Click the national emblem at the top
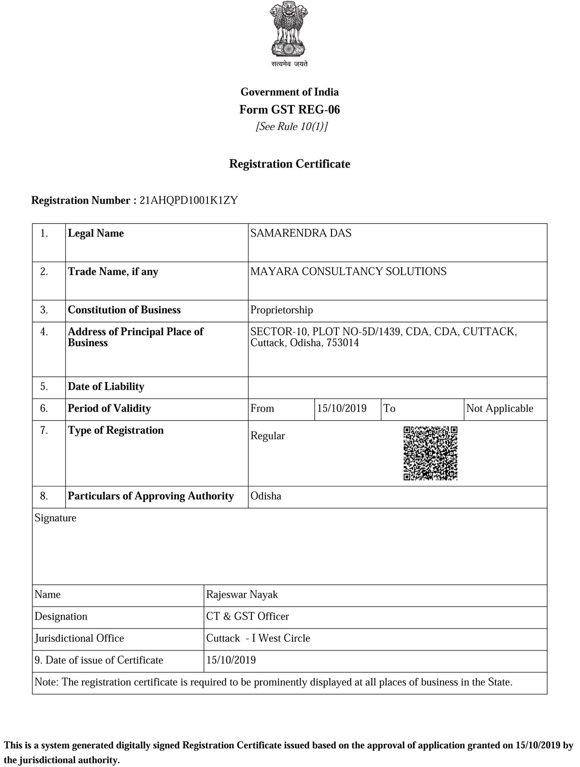tap(289, 30)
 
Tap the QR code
tap(430, 453)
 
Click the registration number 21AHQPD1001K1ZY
tap(188, 200)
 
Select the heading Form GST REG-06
tap(290, 110)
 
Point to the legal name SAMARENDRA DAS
tap(301, 233)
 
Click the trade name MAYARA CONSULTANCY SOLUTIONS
tap(348, 271)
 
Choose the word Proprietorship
tap(281, 310)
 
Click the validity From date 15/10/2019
tap(342, 409)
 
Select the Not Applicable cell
tap(500, 409)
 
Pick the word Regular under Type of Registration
tap(267, 436)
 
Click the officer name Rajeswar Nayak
tap(242, 594)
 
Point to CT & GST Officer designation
tap(247, 617)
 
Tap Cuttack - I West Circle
tap(258, 638)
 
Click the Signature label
tap(56, 518)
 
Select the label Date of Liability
tap(106, 386)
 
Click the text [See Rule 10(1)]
tap(291, 127)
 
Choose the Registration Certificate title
tap(290, 164)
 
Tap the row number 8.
tap(44, 496)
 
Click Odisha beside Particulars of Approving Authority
tap(266, 496)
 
